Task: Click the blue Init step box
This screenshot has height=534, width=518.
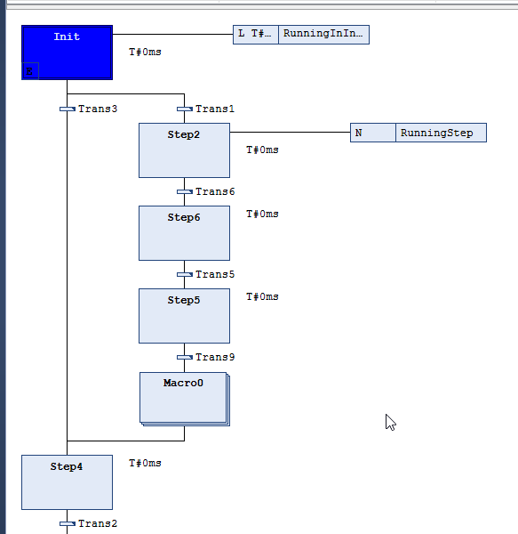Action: (x=67, y=53)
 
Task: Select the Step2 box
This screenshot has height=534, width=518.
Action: (x=184, y=150)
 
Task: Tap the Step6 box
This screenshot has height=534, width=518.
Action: (x=184, y=233)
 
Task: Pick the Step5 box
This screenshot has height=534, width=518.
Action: (x=184, y=316)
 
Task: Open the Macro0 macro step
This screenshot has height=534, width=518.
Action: (x=185, y=399)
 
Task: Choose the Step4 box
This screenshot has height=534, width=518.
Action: (x=67, y=482)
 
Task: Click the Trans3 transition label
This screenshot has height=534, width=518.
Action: (x=98, y=109)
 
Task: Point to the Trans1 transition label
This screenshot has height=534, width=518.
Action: (x=215, y=109)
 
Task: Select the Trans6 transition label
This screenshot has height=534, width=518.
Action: (x=215, y=191)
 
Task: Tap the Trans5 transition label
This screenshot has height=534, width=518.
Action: (x=215, y=274)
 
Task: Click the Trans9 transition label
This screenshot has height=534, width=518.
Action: (x=215, y=357)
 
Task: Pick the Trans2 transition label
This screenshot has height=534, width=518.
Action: (x=98, y=523)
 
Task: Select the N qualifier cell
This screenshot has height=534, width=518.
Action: (x=373, y=133)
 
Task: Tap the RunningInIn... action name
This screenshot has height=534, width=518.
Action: (x=324, y=35)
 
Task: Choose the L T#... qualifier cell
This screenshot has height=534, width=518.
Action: (x=256, y=35)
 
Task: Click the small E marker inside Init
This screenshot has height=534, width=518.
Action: (x=30, y=71)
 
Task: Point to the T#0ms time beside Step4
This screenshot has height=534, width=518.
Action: (x=145, y=463)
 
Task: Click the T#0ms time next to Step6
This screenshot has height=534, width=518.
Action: (x=262, y=214)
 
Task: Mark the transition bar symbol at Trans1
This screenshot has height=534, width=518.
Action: (x=185, y=109)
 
